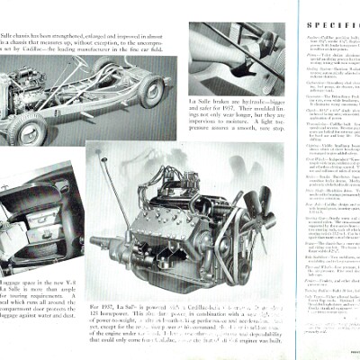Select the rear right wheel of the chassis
[x=152, y=89]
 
